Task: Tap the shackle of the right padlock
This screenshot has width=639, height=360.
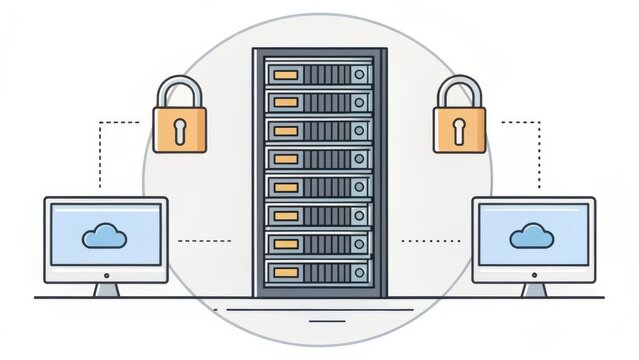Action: tap(458, 90)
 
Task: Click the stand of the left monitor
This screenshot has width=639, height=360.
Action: tap(105, 288)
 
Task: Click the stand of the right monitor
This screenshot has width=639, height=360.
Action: tap(534, 288)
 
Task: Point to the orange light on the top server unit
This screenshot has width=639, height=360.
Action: tap(285, 74)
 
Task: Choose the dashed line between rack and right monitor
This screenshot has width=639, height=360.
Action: tap(430, 241)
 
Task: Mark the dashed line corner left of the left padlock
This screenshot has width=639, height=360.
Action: tap(100, 123)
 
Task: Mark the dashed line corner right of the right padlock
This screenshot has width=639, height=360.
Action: tap(539, 123)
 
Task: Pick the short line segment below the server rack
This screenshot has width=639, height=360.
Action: tap(320, 321)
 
